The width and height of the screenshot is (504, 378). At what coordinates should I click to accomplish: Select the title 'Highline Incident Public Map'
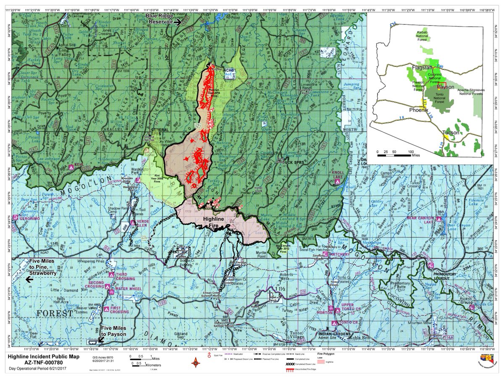[x=41, y=356]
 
